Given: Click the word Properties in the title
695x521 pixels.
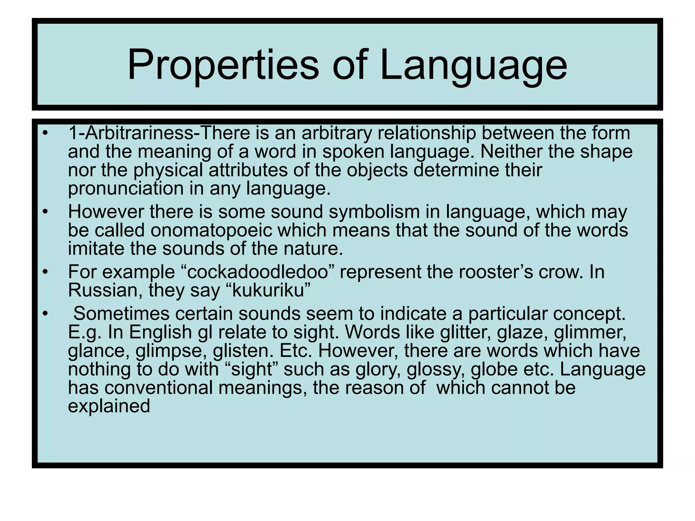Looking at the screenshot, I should pyautogui.click(x=223, y=64).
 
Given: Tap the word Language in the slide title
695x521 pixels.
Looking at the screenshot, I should pyautogui.click(x=473, y=64).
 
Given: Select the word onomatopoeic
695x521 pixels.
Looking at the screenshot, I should pyautogui.click(x=211, y=230).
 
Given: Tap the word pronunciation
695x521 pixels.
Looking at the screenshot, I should pyautogui.click(x=126, y=188).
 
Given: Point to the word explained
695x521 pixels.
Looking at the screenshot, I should pyautogui.click(x=109, y=406).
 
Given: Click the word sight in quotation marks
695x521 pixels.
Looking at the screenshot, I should pyautogui.click(x=251, y=369).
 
